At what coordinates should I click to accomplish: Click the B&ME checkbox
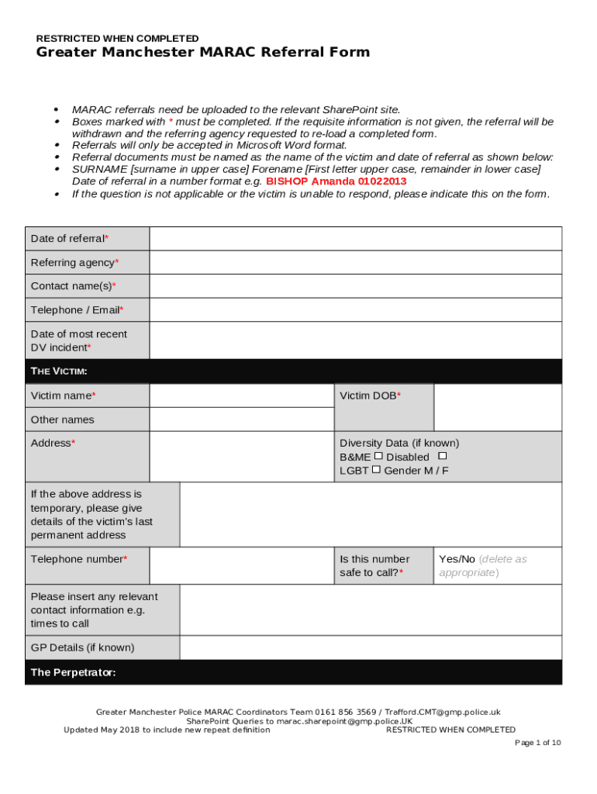tap(378, 456)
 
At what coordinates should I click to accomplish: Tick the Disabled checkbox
tap(442, 456)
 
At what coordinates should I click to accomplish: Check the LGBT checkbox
tap(376, 469)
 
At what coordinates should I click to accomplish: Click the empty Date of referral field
tap(355, 239)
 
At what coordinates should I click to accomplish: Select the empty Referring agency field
tap(355, 263)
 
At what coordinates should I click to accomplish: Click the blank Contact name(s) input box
tap(355, 286)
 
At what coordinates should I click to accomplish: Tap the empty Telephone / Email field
tap(355, 310)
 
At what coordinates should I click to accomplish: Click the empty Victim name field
tap(241, 395)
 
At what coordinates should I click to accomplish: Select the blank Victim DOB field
tap(497, 407)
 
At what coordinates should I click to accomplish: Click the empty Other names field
tap(241, 419)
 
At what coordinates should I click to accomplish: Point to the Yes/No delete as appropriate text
tap(482, 565)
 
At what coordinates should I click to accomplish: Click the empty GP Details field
tap(371, 647)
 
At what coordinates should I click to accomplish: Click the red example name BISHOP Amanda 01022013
tap(336, 181)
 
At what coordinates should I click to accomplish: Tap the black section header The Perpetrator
tap(73, 672)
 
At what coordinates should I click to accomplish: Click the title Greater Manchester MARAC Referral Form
tap(203, 53)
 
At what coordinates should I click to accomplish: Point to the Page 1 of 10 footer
tap(538, 743)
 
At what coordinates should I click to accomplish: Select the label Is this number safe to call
tap(374, 565)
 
